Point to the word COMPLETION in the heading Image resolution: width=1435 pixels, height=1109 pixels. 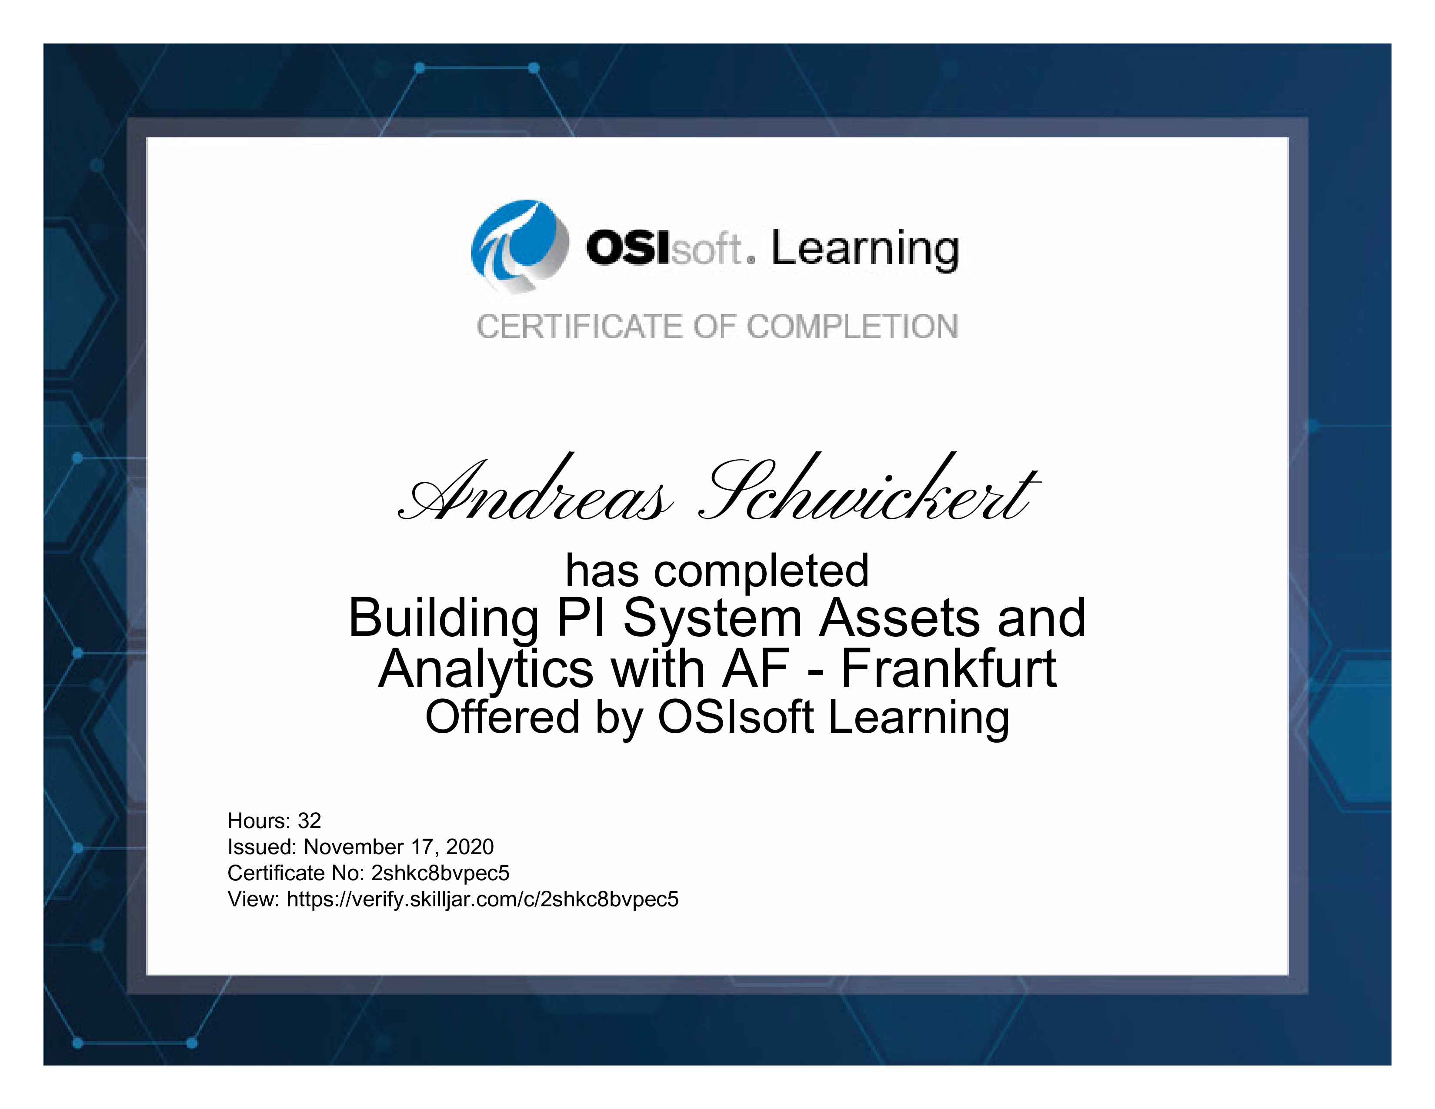(853, 327)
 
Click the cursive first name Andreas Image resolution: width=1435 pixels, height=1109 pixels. (535, 489)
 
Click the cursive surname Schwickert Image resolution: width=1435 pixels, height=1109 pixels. (869, 488)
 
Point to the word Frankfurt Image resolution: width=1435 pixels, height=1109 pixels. (949, 669)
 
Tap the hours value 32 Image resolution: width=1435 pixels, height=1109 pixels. (310, 821)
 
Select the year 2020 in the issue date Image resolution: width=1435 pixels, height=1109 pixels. (470, 847)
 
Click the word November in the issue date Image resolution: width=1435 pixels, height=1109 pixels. (354, 847)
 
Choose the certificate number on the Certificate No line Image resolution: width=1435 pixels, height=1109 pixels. (440, 873)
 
